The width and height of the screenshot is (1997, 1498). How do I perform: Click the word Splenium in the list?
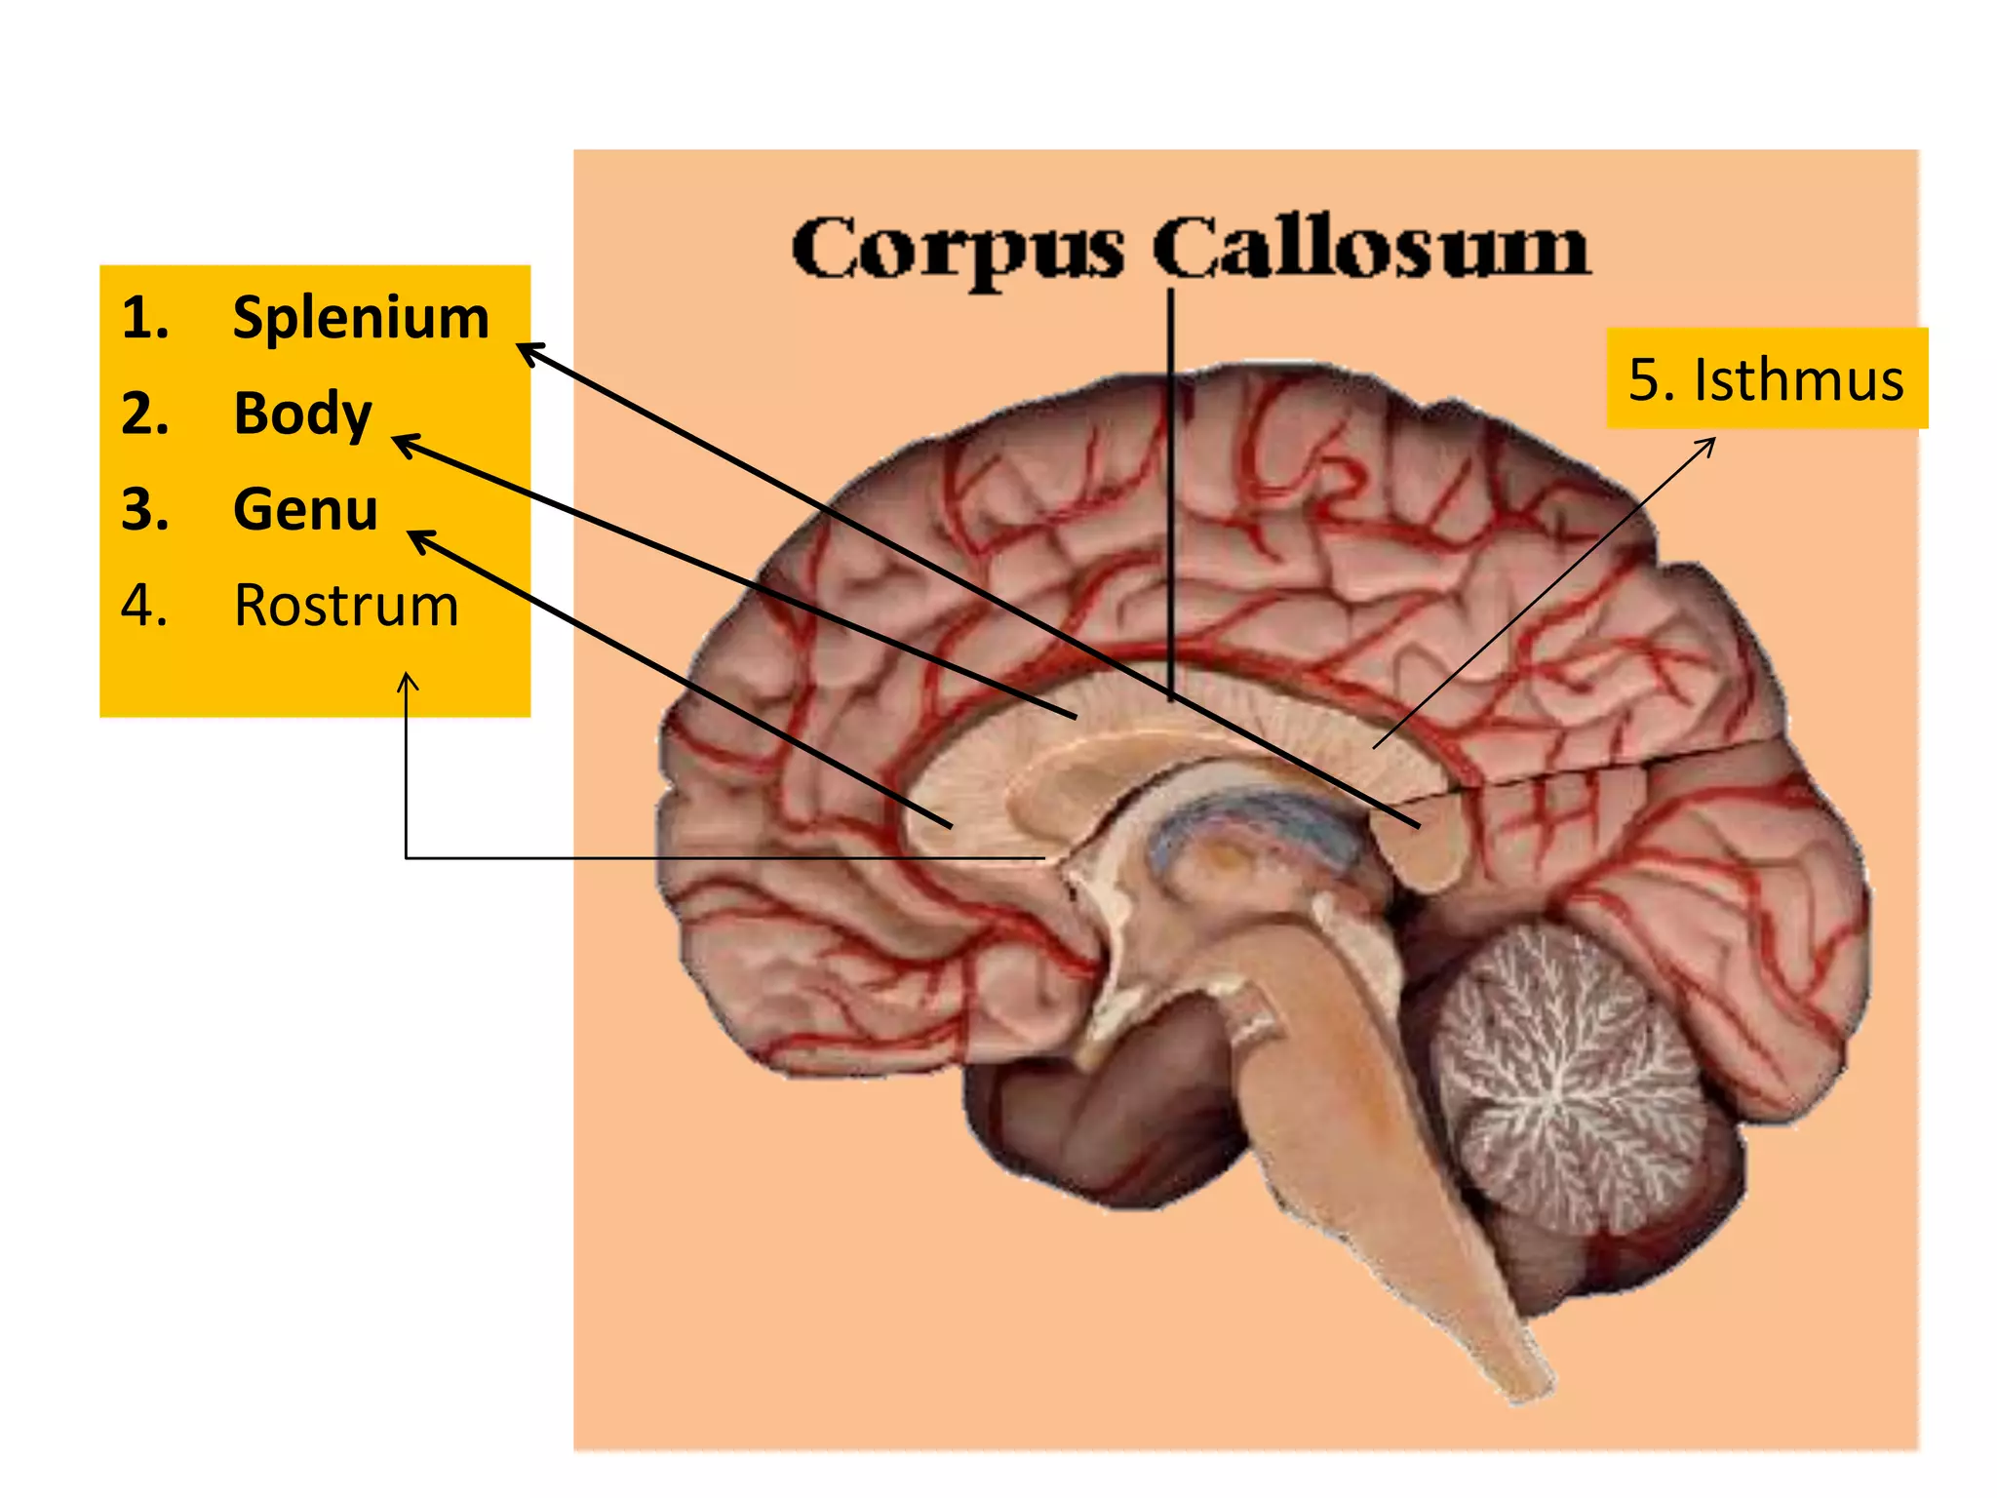pyautogui.click(x=361, y=319)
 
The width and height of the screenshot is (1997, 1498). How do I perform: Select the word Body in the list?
pyautogui.click(x=303, y=414)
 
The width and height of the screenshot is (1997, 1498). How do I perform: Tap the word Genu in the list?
pyautogui.click(x=305, y=509)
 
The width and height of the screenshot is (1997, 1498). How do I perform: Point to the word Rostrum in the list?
pyautogui.click(x=346, y=606)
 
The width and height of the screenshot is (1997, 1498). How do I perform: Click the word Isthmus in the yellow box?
pyautogui.click(x=1798, y=379)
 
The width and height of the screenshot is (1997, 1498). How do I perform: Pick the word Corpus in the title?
pyautogui.click(x=957, y=248)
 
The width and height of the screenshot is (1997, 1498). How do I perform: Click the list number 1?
pyautogui.click(x=144, y=319)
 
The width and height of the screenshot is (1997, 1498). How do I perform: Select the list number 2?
pyautogui.click(x=144, y=414)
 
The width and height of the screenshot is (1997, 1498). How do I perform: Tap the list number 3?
pyautogui.click(x=144, y=509)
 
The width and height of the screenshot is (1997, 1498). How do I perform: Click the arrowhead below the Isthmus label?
pyautogui.click(x=1708, y=444)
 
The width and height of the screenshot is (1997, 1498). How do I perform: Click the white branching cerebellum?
pyautogui.click(x=1565, y=1073)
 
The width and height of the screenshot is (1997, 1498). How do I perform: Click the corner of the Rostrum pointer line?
pyautogui.click(x=407, y=858)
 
